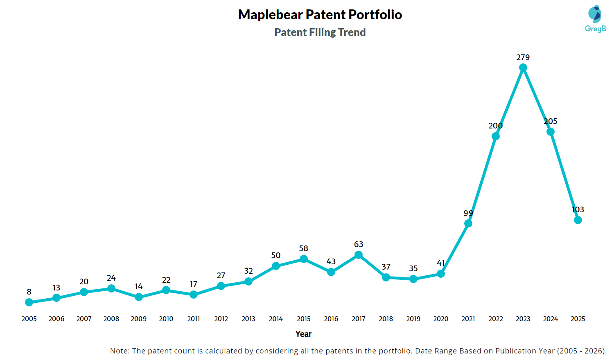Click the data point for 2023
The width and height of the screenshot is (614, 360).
(523, 67)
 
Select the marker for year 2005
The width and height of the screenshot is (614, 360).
(29, 302)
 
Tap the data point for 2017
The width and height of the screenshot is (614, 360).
(359, 255)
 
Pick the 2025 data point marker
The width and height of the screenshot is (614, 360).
(578, 220)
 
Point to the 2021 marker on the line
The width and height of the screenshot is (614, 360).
(468, 223)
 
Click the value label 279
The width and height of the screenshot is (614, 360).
(523, 58)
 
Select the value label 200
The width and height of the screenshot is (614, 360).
(495, 126)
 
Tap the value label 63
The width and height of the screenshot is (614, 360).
(359, 245)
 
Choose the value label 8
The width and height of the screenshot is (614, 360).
(29, 292)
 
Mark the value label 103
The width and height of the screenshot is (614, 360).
(578, 210)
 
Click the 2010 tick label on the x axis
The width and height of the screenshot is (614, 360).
(166, 319)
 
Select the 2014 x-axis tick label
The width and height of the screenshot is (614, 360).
(276, 319)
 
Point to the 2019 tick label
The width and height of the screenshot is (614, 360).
(413, 319)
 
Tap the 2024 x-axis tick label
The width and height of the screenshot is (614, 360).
(551, 319)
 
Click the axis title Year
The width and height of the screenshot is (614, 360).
(304, 334)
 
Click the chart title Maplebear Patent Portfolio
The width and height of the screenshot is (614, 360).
(320, 15)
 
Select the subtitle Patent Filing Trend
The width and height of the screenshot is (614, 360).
(320, 32)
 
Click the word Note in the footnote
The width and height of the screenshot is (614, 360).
(119, 351)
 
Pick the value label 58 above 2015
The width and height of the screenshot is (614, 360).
(303, 249)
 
